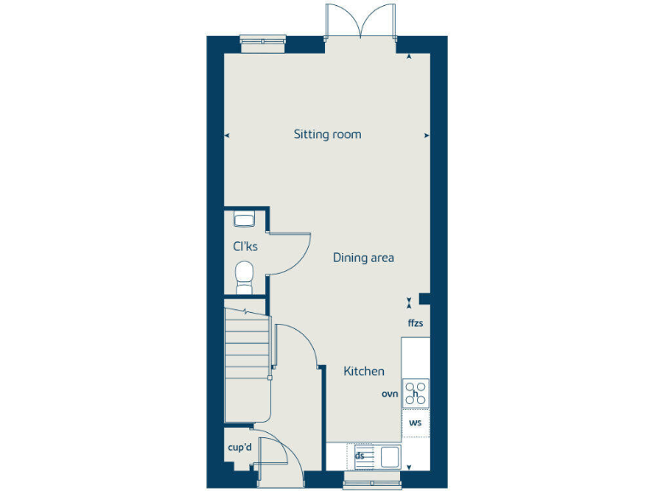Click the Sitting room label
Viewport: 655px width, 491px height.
(x=327, y=134)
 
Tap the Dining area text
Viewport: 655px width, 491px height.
(x=363, y=257)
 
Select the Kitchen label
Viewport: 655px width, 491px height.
(x=363, y=372)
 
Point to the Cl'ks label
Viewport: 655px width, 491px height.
(x=246, y=246)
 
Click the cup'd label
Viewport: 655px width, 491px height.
(x=240, y=448)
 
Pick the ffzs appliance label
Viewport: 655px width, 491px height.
(x=415, y=323)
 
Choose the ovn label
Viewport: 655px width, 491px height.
(x=391, y=394)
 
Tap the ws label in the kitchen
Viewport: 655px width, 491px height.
(x=415, y=422)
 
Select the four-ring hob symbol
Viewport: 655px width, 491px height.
(x=415, y=393)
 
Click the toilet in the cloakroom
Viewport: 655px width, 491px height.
(x=245, y=274)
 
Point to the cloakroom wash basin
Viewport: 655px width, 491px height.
(x=244, y=219)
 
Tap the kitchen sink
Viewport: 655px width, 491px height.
(x=389, y=456)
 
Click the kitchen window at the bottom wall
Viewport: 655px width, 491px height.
(x=366, y=484)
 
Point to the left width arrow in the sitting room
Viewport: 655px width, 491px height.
(x=227, y=135)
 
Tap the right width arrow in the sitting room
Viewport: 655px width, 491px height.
(x=426, y=135)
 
